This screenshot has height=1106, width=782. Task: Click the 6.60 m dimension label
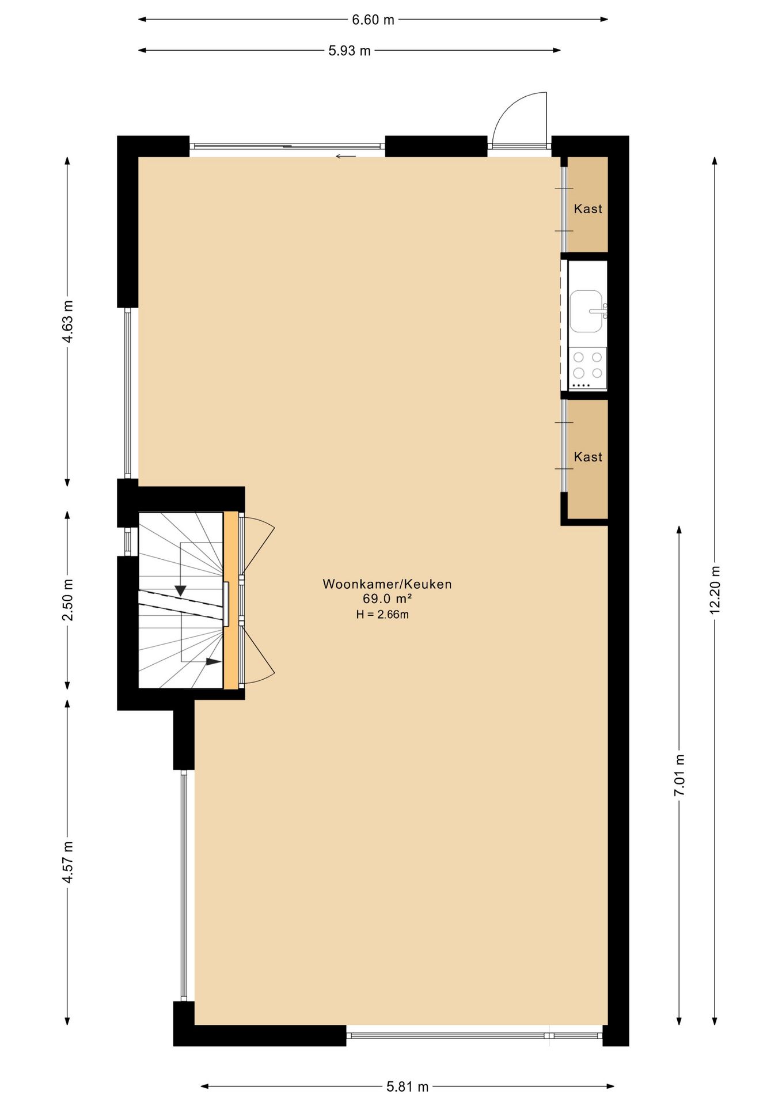[x=373, y=20]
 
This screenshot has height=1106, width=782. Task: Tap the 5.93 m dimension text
[x=350, y=51]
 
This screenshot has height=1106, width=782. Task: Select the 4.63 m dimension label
[x=68, y=321]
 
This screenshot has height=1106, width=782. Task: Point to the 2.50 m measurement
[x=68, y=600]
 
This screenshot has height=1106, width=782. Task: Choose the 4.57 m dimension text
[x=68, y=862]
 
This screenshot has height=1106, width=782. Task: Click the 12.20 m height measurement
[x=715, y=590]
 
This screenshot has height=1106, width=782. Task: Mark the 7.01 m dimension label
[x=679, y=775]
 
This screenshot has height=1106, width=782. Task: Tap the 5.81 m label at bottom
[x=408, y=1087]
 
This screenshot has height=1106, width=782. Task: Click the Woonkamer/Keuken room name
[x=387, y=584]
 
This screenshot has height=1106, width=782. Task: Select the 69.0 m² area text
[x=387, y=599]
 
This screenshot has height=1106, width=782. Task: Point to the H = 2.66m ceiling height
[x=382, y=615]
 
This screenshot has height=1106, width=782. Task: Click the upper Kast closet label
[x=588, y=209]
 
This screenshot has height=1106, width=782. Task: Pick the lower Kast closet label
[x=588, y=457]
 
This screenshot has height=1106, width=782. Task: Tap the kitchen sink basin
[x=586, y=311]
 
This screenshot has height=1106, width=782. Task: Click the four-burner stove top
[x=587, y=368]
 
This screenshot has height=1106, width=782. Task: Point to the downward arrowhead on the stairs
[x=180, y=590]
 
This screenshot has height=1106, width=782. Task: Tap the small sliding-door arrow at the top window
[x=346, y=156]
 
